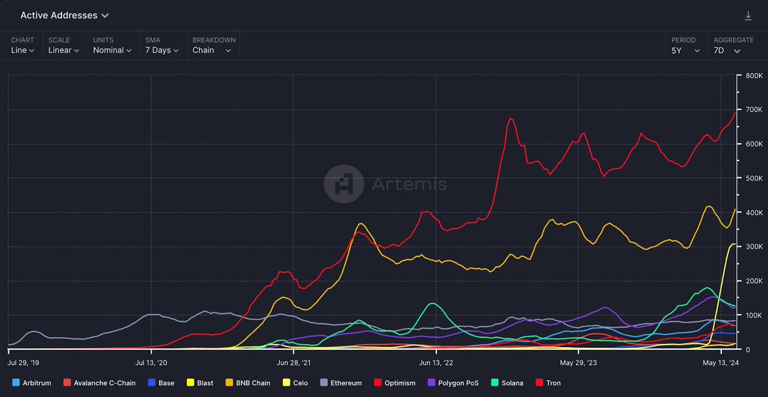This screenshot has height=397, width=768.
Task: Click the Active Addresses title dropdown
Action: (64, 15)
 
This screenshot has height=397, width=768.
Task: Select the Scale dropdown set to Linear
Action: (63, 50)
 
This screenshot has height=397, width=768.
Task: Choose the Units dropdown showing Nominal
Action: (112, 50)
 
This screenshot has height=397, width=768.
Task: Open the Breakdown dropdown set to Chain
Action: (212, 50)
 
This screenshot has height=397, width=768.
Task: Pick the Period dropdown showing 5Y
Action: (685, 50)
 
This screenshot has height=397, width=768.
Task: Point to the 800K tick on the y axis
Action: (752, 75)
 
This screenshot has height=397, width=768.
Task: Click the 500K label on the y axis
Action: (752, 178)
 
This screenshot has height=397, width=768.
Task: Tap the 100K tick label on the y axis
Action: (752, 315)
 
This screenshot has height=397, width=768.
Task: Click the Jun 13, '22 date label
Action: (436, 362)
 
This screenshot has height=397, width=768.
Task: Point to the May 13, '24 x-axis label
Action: (721, 362)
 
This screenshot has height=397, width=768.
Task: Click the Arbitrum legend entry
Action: (33, 383)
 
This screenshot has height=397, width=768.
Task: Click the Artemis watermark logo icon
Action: (343, 184)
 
